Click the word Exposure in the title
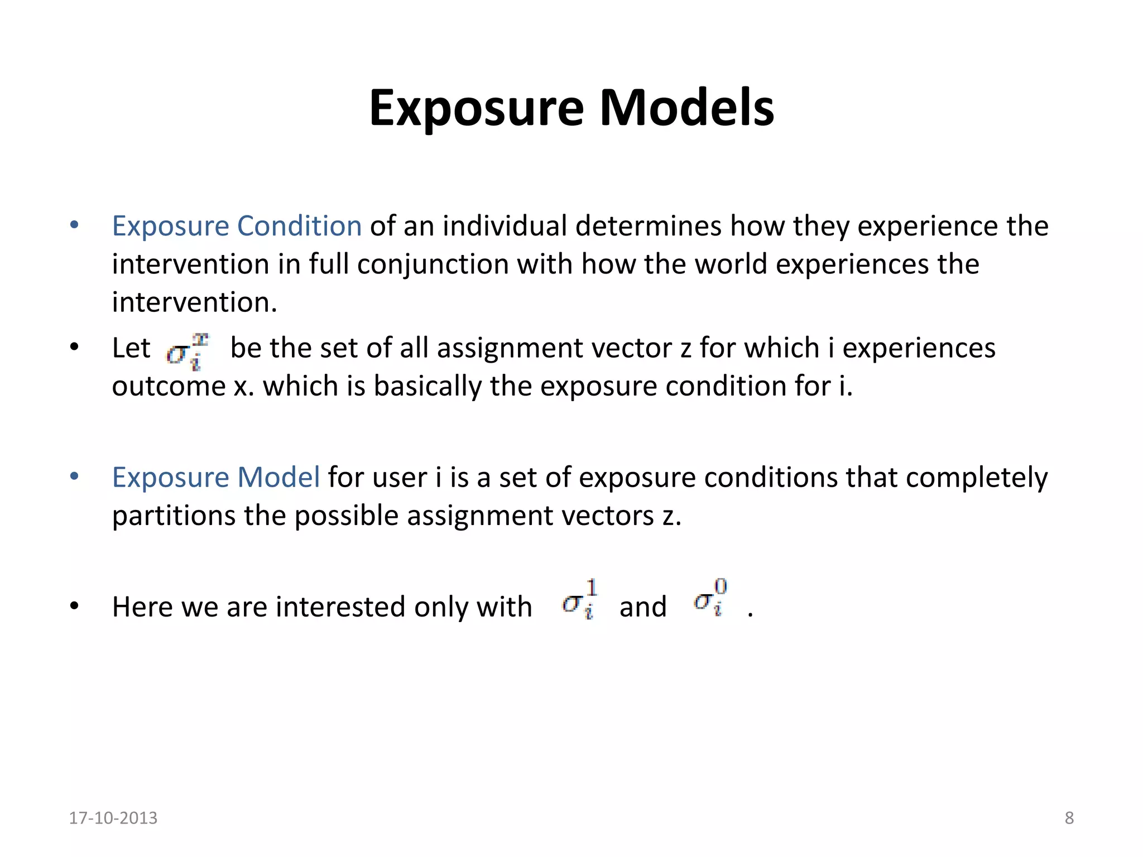click(x=477, y=109)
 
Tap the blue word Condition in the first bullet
click(x=299, y=226)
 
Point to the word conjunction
click(x=433, y=264)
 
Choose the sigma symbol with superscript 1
click(x=579, y=600)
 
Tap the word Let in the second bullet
click(x=131, y=348)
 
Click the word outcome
click(x=169, y=386)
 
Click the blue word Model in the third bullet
click(x=278, y=478)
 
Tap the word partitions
click(x=174, y=516)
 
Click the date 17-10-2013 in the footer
click(x=113, y=818)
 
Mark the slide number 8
click(x=1069, y=818)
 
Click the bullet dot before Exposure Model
click(x=74, y=477)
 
